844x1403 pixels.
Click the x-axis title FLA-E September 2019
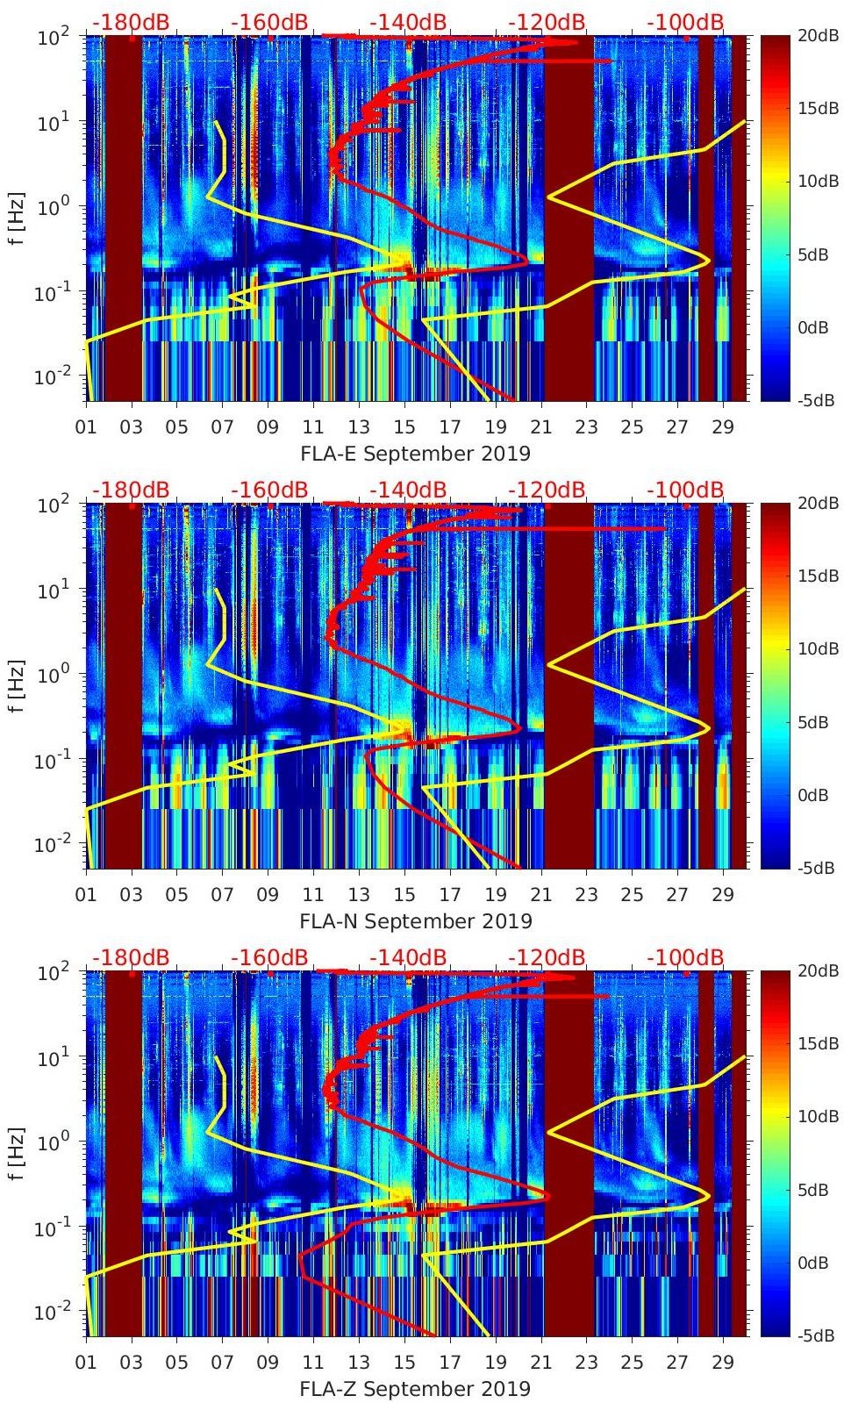coord(415,454)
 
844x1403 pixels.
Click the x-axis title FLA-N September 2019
coord(415,921)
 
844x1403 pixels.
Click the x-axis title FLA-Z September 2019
coord(415,1389)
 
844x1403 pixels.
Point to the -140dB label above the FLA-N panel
coord(407,490)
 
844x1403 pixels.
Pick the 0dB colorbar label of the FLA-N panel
coord(812,796)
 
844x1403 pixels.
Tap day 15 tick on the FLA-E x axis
coord(404,427)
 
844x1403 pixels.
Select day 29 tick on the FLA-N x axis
coord(723,895)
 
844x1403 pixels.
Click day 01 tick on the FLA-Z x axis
coord(86,1363)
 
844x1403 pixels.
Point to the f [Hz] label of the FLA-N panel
coord(17,686)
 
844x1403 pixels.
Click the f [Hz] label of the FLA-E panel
coord(17,218)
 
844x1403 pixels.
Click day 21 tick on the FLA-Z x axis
coord(540,1363)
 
